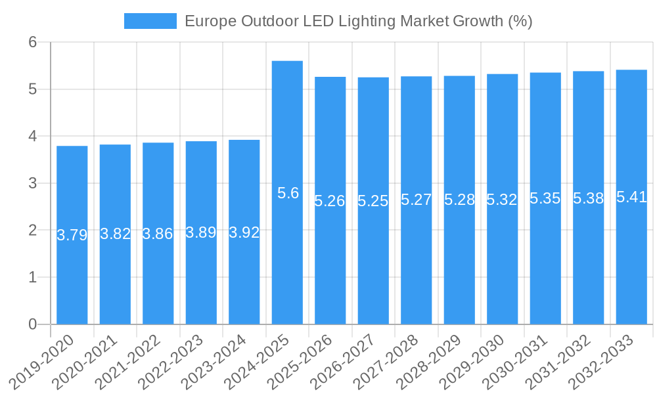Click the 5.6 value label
point(288,193)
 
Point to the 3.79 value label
point(72,235)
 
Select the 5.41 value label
point(631,197)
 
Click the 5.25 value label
point(373,201)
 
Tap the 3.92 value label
point(244,232)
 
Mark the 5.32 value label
point(502,200)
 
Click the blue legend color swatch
point(150,21)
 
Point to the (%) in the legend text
point(520,21)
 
